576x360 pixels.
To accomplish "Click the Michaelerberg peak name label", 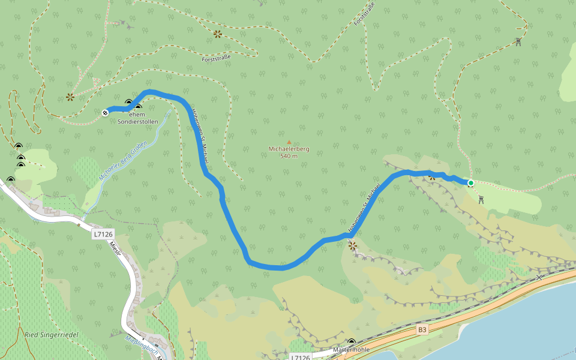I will pos(289,149).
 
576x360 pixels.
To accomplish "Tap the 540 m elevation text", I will pos(289,156).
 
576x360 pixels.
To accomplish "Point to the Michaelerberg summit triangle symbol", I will pos(289,142).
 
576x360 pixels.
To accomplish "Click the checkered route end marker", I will pos(106,112).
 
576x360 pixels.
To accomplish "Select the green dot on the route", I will pos(471,183).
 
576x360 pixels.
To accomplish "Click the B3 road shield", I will pos(423,329).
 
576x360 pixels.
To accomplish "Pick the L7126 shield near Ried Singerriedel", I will pos(103,235).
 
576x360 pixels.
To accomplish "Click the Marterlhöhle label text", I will pos(351,349).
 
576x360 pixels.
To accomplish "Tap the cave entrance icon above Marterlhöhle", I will pos(351,341).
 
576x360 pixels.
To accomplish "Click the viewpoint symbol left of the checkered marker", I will pos(70,97).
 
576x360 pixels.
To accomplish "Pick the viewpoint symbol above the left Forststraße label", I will pos(217,34).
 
